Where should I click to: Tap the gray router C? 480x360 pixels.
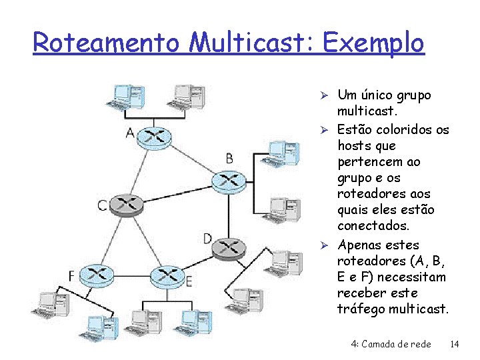127,205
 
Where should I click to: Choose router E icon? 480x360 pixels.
167,275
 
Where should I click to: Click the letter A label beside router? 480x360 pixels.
131,133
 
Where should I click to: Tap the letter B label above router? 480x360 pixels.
229,158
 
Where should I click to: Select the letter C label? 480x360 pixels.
102,205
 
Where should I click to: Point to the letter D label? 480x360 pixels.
207,238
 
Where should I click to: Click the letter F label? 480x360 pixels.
71,275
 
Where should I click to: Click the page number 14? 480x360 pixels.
455,344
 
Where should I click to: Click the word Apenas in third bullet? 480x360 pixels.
360,245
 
